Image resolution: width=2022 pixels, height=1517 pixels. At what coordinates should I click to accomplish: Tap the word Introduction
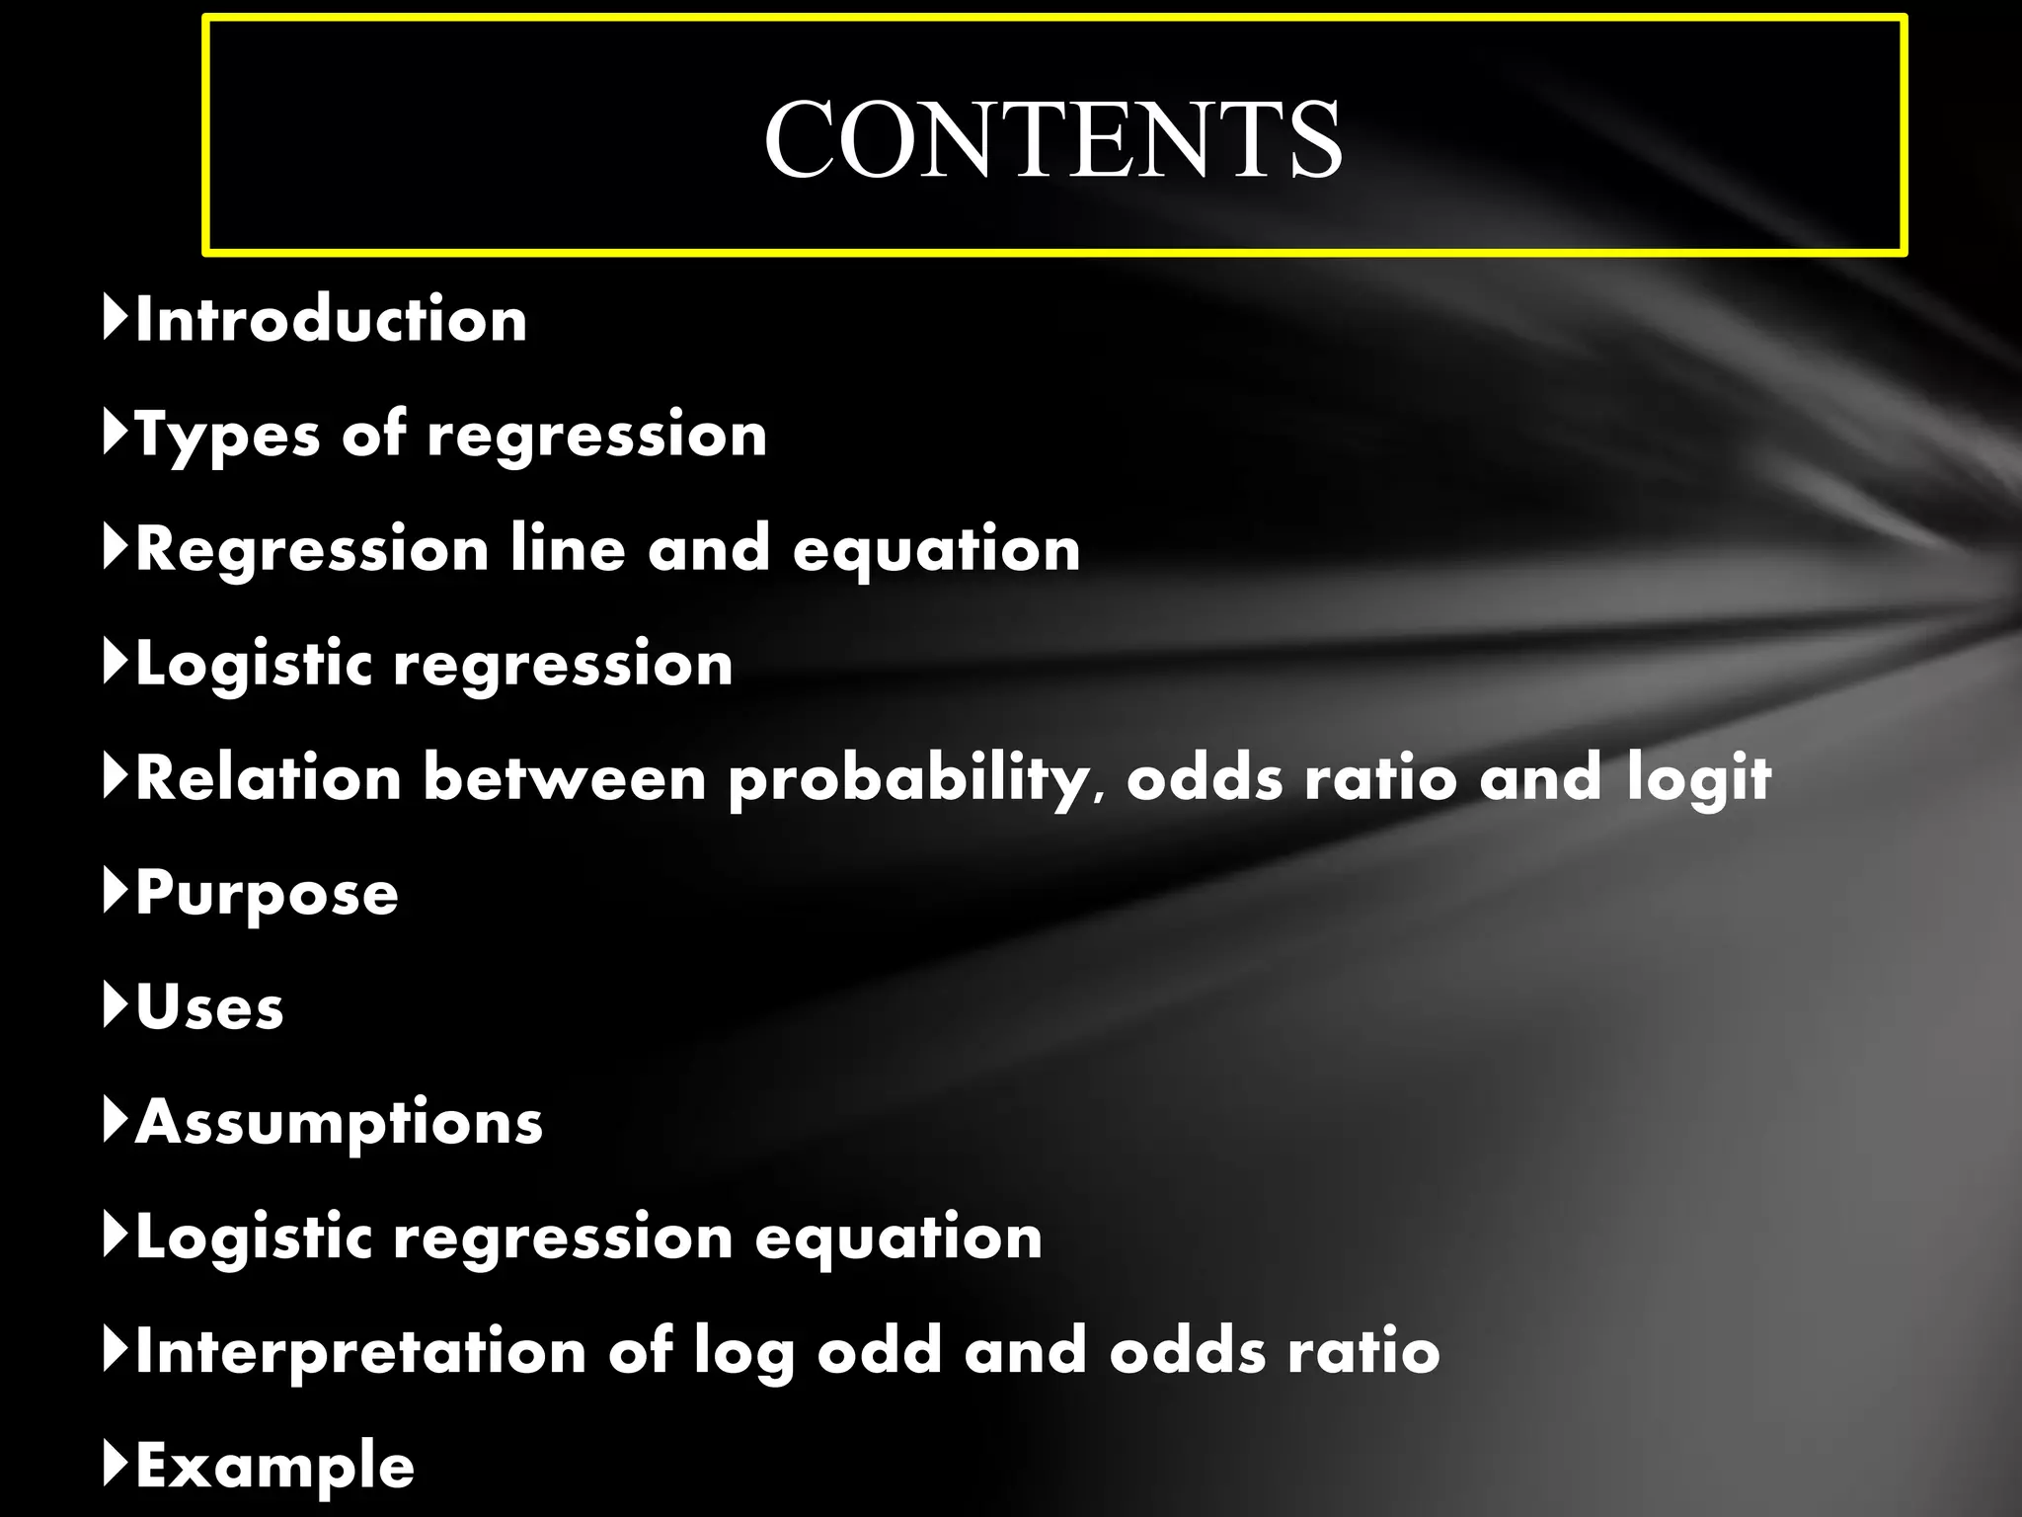point(331,320)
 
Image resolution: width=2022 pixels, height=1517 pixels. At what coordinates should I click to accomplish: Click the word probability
point(908,778)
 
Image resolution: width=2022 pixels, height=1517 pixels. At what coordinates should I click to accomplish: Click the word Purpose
point(267,893)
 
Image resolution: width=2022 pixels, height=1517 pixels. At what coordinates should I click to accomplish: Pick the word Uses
point(209,1007)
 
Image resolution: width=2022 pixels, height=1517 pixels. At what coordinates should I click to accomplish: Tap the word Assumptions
point(339,1122)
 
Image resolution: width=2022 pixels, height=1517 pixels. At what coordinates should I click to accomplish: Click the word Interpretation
point(360,1351)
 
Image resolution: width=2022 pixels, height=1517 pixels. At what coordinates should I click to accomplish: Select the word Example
point(274,1466)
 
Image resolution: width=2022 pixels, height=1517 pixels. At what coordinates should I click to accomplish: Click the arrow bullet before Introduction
point(116,318)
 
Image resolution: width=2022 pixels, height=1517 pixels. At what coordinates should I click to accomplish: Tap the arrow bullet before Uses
point(116,1005)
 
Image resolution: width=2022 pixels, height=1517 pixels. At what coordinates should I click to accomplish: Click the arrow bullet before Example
point(116,1464)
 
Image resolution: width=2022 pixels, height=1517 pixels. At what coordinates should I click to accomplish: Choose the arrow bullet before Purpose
point(116,891)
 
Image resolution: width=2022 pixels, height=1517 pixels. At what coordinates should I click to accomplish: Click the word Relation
point(269,778)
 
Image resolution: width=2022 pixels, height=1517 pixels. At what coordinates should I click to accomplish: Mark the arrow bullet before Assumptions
point(116,1120)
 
